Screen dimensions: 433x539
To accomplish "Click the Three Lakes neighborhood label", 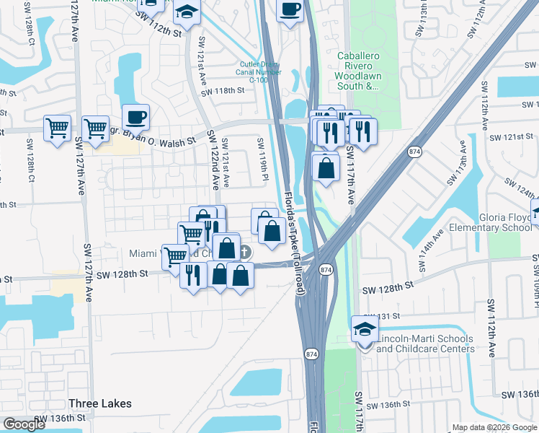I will coord(97,403).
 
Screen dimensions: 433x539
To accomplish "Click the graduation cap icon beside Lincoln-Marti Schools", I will coord(365,330).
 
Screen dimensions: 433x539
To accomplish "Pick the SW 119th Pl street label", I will coord(264,158).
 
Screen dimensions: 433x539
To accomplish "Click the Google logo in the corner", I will coord(24,424).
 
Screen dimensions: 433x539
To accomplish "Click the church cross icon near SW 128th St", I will coord(245,252).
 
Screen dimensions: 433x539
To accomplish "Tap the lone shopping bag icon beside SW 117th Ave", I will coord(326,168).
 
